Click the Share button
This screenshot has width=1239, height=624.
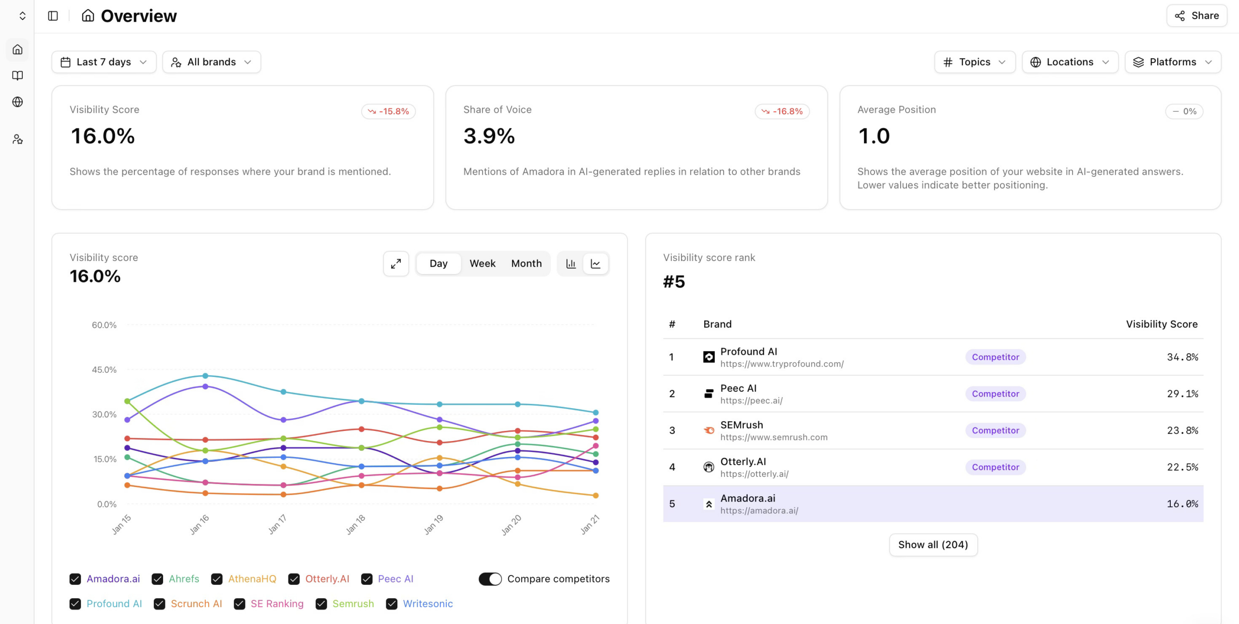pyautogui.click(x=1196, y=15)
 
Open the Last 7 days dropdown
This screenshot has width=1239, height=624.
pyautogui.click(x=104, y=62)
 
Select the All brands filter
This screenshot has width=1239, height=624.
pyautogui.click(x=212, y=62)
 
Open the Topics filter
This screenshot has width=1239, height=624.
pyautogui.click(x=974, y=62)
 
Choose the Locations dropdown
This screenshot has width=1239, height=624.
pyautogui.click(x=1070, y=62)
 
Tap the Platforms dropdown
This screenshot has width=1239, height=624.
pyautogui.click(x=1173, y=62)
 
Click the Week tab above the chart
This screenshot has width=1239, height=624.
pyautogui.click(x=482, y=263)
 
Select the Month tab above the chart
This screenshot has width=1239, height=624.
pyautogui.click(x=526, y=263)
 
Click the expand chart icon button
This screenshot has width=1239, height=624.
pyautogui.click(x=396, y=263)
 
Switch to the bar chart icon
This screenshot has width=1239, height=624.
pyautogui.click(x=571, y=263)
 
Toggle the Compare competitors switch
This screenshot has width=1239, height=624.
pyautogui.click(x=490, y=579)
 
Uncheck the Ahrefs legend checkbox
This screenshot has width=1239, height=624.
pyautogui.click(x=157, y=579)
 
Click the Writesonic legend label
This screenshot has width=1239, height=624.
pyautogui.click(x=427, y=604)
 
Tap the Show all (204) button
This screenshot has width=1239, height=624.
pyautogui.click(x=933, y=545)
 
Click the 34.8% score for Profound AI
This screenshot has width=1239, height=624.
pyautogui.click(x=1182, y=357)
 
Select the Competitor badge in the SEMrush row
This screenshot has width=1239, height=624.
pyautogui.click(x=995, y=430)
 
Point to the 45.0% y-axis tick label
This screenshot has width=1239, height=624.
pyautogui.click(x=104, y=370)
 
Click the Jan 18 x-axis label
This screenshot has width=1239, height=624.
pyautogui.click(x=356, y=524)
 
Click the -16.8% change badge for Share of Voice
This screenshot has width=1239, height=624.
pyautogui.click(x=782, y=111)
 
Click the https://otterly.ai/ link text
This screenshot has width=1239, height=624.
pyautogui.click(x=754, y=474)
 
